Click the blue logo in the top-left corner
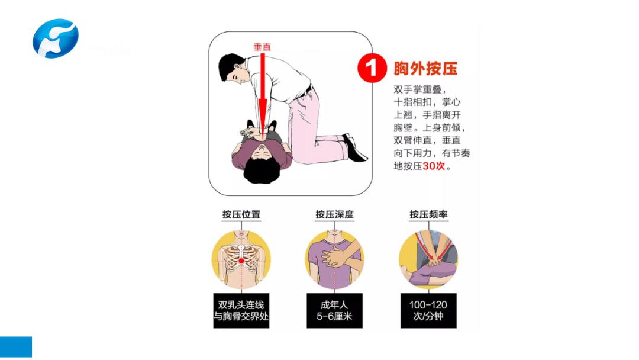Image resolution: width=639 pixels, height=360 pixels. coord(55,38)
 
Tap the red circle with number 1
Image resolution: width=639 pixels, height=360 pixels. coord(372,67)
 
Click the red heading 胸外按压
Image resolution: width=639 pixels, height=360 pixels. coord(425,68)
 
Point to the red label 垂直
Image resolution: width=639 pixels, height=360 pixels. coord(262,47)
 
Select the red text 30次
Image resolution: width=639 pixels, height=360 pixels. coord(434,166)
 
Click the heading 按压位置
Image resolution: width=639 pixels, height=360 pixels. coord(241,214)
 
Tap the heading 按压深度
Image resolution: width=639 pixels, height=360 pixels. coord(334,214)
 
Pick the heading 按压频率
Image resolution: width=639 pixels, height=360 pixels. coord(428,214)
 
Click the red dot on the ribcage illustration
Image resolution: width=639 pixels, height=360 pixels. coord(241,261)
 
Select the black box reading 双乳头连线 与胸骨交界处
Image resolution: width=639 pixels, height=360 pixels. coord(241,310)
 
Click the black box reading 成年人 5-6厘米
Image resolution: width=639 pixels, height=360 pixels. coord(334,310)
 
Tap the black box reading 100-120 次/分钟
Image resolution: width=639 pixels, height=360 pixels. coord(428,310)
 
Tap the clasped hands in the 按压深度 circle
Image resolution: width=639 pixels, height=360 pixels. coord(335,257)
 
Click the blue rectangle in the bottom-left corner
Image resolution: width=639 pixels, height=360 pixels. coord(16,347)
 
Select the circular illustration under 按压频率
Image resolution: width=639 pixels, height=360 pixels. coord(428,259)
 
